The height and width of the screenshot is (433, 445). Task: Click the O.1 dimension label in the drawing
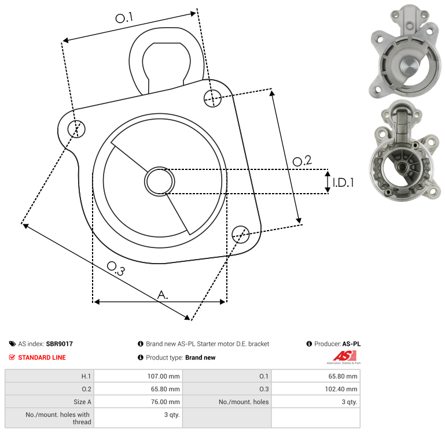[124, 18]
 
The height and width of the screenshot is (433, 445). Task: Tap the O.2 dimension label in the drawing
[302, 161]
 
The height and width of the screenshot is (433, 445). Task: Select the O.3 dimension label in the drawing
[116, 268]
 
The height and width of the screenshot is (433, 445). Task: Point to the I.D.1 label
[343, 183]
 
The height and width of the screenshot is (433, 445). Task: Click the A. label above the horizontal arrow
[163, 295]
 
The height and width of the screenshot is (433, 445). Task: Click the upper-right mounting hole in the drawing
[212, 98]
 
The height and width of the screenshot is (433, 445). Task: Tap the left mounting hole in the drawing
[76, 129]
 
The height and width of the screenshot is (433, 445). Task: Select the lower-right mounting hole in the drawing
[241, 234]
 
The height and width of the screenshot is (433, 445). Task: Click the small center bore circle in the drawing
[160, 182]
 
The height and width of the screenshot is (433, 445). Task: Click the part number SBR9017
[60, 343]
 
